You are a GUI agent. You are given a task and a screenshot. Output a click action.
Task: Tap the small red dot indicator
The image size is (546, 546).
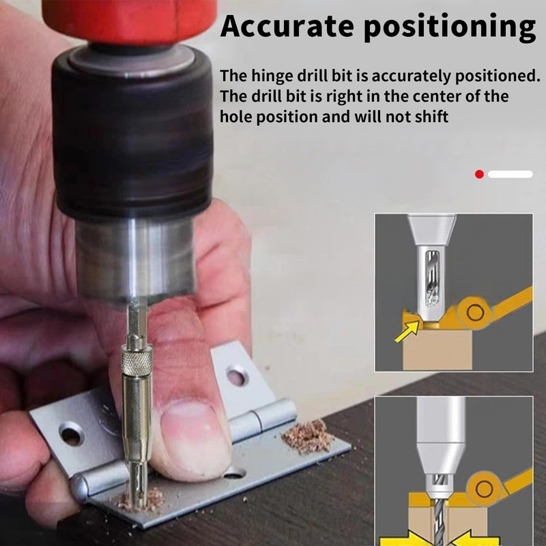[x=479, y=175]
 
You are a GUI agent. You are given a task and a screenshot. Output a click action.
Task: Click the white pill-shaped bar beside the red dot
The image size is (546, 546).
[x=510, y=175]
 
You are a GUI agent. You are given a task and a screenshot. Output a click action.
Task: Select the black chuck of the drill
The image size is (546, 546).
[x=133, y=136]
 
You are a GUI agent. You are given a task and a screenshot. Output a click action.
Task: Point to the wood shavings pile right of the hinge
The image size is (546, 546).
[x=308, y=437]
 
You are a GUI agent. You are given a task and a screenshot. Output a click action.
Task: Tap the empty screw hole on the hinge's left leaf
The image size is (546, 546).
[x=70, y=432]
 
